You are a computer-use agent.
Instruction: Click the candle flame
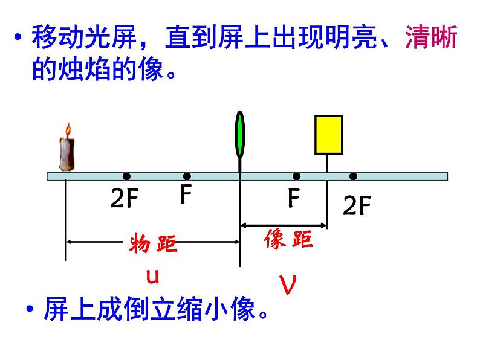click(68, 129)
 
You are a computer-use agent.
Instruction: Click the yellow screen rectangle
click(328, 135)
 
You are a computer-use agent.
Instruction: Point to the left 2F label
click(124, 199)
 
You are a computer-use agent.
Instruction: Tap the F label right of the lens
click(294, 198)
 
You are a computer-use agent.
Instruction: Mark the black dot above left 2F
click(126, 176)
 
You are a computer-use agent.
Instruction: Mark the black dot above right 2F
click(353, 176)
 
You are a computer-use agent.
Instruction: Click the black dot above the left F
click(187, 176)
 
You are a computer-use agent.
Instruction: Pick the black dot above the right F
click(296, 176)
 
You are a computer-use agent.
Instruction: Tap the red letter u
click(154, 276)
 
